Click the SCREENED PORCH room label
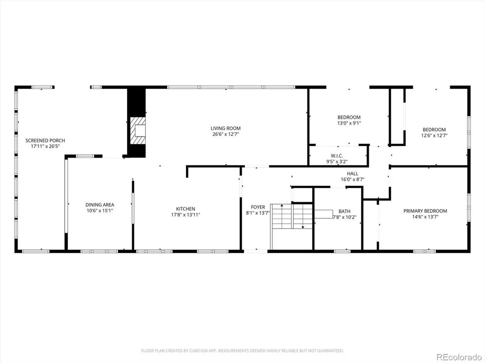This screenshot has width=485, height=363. tap(45, 141)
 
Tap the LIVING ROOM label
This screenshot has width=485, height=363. tap(225, 128)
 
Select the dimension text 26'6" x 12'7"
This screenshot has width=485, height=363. tap(225, 134)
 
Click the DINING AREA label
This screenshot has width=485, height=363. tap(100, 204)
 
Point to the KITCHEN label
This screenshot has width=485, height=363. tap(186, 209)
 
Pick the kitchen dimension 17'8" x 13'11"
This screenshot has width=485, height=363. tap(186, 215)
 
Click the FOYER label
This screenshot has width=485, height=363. tap(258, 207)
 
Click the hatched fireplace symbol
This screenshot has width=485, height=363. tap(137, 131)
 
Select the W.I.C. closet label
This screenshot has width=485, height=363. tap(337, 156)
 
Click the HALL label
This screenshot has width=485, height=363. tap(352, 173)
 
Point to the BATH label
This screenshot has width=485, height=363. tap(344, 211)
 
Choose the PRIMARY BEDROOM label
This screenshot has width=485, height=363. tap(425, 211)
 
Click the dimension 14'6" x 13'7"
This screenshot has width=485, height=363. tap(425, 217)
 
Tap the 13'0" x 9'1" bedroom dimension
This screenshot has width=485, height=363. tap(349, 123)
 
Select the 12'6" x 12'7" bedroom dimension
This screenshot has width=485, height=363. tap(434, 135)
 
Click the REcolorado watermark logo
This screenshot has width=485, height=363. tap(459, 357)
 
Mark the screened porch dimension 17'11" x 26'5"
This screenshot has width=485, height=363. tap(45, 146)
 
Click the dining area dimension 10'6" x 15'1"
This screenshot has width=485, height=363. tap(100, 211)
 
